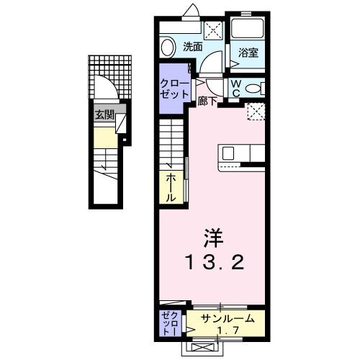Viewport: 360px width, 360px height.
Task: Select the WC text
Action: pyautogui.click(x=235, y=88)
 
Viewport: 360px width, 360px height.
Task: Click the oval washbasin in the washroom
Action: pyautogui.click(x=168, y=48)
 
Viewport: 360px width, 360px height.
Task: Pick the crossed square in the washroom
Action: pyautogui.click(x=212, y=30)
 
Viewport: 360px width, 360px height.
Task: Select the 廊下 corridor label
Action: pyautogui.click(x=208, y=102)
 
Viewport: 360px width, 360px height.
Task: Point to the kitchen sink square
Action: pyautogui.click(x=228, y=153)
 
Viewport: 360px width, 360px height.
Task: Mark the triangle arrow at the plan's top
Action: pyautogui.click(x=192, y=11)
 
